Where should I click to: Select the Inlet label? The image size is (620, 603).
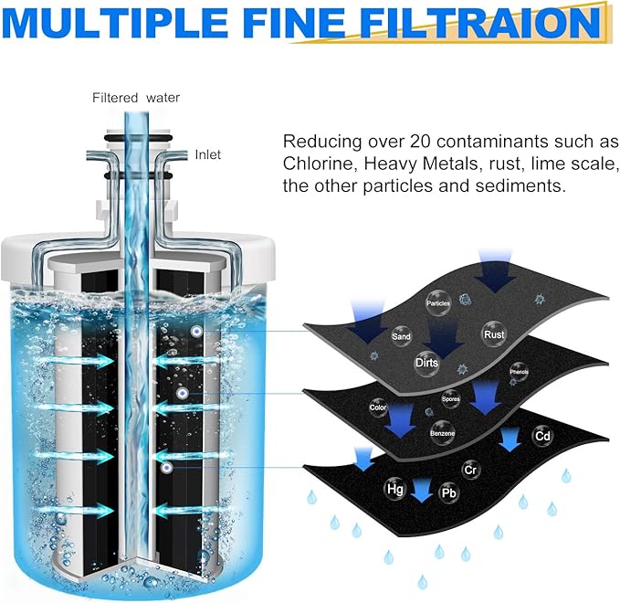coord(207,154)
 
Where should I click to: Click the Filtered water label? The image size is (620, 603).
coord(136,98)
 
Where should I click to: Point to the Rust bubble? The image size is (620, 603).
coord(494,334)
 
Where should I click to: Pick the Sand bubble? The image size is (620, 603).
coord(401,336)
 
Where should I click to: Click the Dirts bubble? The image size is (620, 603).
coord(426,363)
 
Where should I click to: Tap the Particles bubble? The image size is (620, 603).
coord(438,303)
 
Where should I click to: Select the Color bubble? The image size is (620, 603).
coord(378,407)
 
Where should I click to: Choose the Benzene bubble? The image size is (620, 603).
coord(443,433)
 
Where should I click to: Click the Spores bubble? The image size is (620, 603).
coord(451,399)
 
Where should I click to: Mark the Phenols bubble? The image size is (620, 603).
coord(519,372)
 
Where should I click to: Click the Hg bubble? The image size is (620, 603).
coord(395,489)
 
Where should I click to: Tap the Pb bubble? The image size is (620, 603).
coord(448,493)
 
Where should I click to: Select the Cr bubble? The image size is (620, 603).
coord(470,470)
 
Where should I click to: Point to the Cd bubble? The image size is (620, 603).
coord(542,436)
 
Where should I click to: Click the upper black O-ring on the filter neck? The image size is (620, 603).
coord(138,138)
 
